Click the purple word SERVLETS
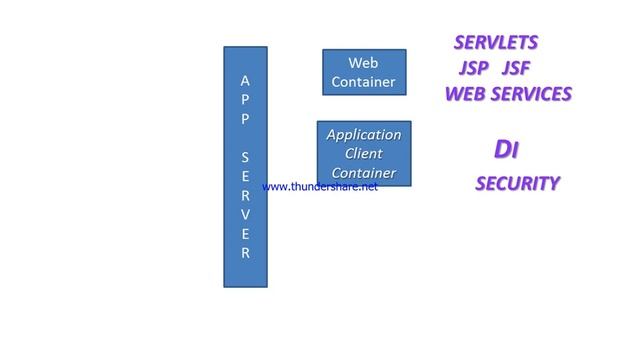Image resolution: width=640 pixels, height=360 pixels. click(496, 43)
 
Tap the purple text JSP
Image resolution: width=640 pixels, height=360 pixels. click(475, 69)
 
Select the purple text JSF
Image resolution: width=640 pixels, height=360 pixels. click(515, 69)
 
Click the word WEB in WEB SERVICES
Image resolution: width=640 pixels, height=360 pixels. click(465, 94)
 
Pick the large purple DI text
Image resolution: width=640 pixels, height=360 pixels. click(506, 150)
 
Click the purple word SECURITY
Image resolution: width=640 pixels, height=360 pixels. click(517, 184)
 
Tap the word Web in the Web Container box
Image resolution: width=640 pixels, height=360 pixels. click(363, 64)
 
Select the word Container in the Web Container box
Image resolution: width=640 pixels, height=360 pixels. click(363, 82)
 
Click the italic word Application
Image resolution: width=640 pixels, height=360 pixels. click(364, 135)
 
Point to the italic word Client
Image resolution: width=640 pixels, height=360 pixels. click(364, 154)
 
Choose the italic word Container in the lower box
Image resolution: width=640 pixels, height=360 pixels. click(364, 173)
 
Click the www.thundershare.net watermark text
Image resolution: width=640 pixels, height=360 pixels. click(320, 187)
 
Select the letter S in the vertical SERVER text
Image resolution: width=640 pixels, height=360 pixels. click(246, 158)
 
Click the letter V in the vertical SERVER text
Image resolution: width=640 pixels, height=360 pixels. click(246, 215)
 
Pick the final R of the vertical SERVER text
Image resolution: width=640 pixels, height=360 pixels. click(246, 253)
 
